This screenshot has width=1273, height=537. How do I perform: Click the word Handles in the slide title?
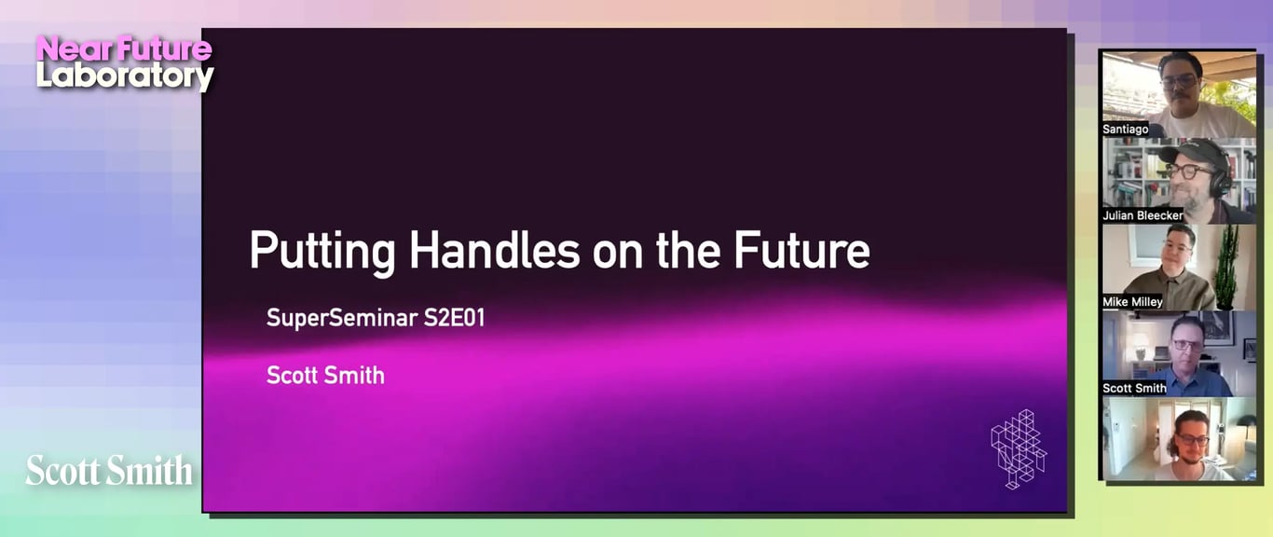click(x=494, y=250)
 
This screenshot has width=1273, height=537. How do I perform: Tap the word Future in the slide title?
click(x=801, y=250)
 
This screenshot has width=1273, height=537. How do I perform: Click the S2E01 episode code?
click(x=454, y=318)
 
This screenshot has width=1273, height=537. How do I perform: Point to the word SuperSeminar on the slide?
click(x=342, y=318)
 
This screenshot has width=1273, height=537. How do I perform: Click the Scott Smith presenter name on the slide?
click(x=325, y=375)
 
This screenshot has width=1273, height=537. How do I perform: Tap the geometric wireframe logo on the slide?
click(x=1019, y=449)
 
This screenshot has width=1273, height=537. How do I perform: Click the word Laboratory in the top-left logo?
click(x=125, y=76)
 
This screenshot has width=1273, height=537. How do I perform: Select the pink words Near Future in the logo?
click(x=124, y=48)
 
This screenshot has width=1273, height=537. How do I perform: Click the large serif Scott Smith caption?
click(x=109, y=470)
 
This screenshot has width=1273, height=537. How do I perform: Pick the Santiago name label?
click(x=1125, y=130)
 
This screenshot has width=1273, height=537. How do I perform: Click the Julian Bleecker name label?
click(x=1143, y=215)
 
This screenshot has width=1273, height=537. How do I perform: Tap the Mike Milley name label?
click(x=1132, y=302)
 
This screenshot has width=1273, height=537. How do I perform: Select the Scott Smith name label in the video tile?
click(x=1134, y=388)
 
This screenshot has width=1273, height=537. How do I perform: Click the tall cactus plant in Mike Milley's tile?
click(x=1225, y=267)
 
